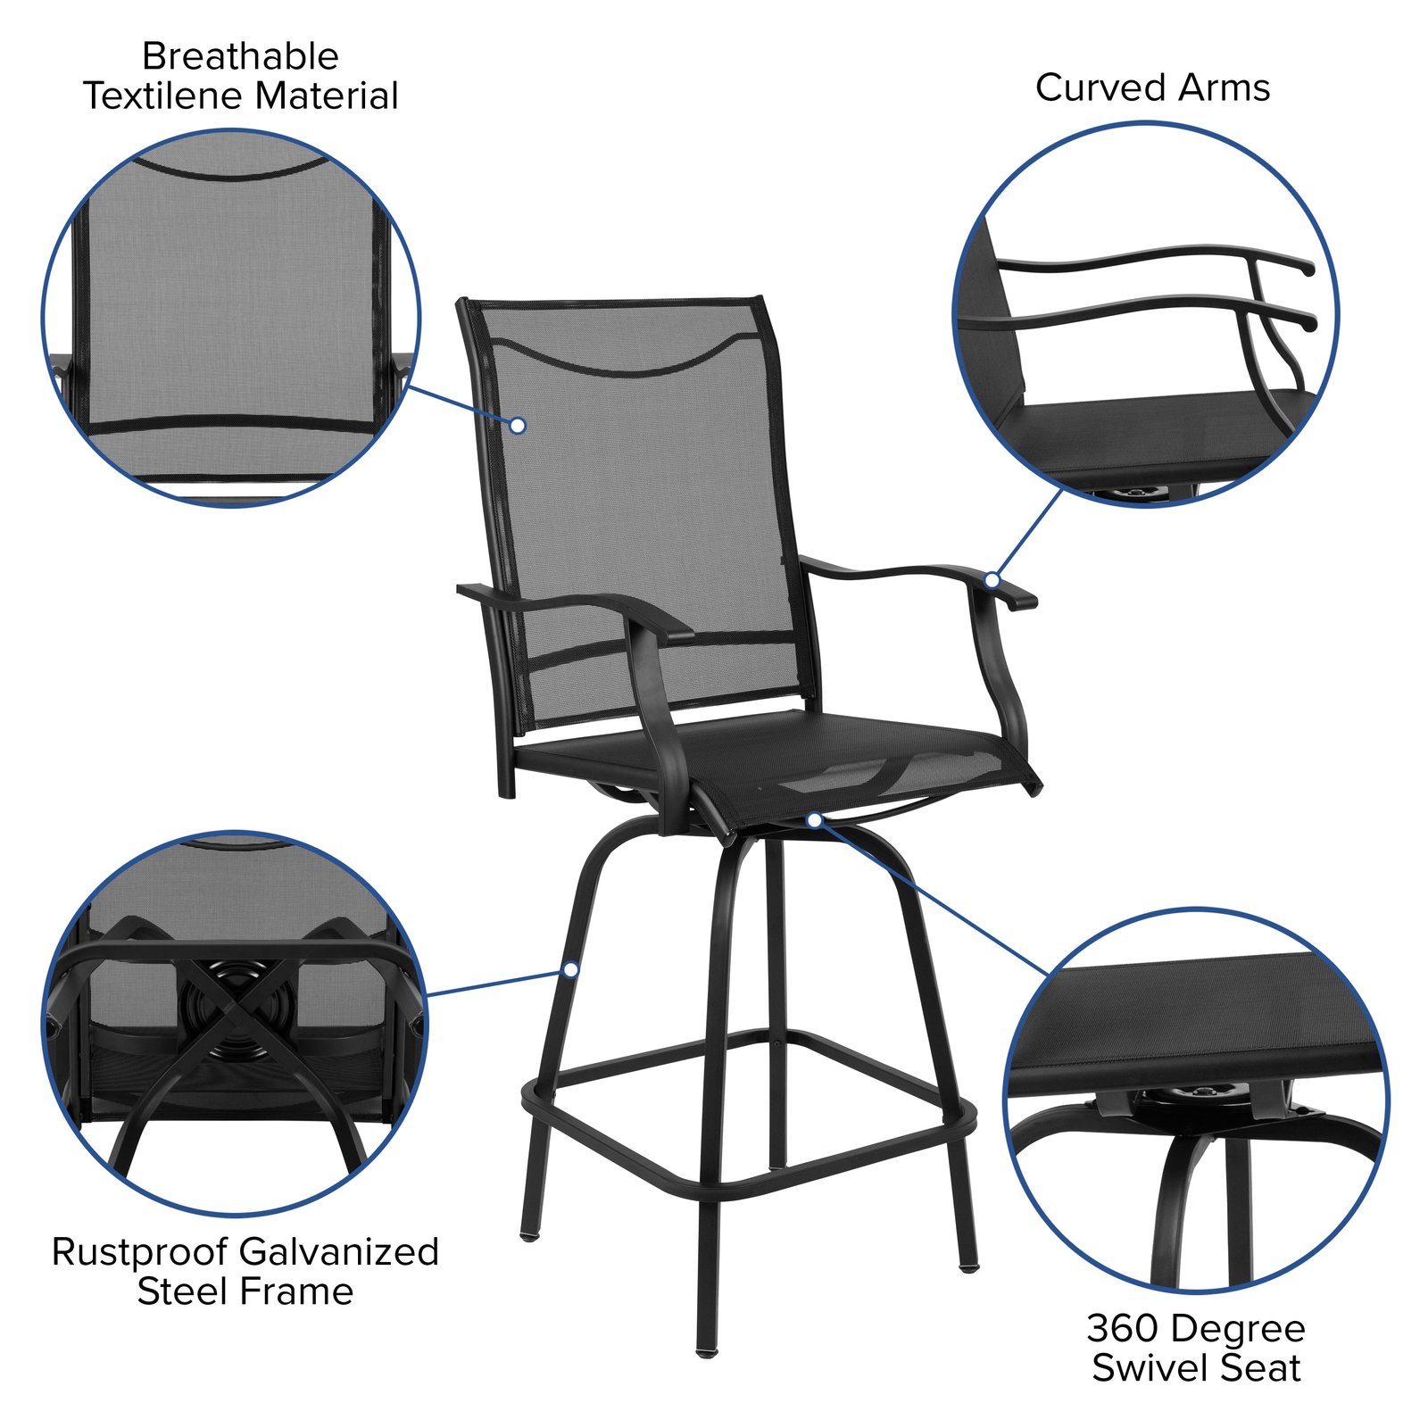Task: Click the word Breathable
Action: click(x=240, y=57)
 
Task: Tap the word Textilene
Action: click(x=166, y=96)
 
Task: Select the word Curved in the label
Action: click(x=1100, y=88)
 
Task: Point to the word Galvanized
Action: click(x=340, y=1252)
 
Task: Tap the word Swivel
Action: click(x=1151, y=1368)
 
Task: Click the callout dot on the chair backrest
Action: click(x=518, y=426)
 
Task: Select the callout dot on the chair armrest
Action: click(x=992, y=580)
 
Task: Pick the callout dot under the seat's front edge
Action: click(x=814, y=818)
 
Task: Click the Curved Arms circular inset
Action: click(x=1146, y=314)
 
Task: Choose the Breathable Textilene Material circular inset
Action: click(x=231, y=318)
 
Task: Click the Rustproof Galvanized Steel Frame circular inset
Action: click(x=235, y=1023)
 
